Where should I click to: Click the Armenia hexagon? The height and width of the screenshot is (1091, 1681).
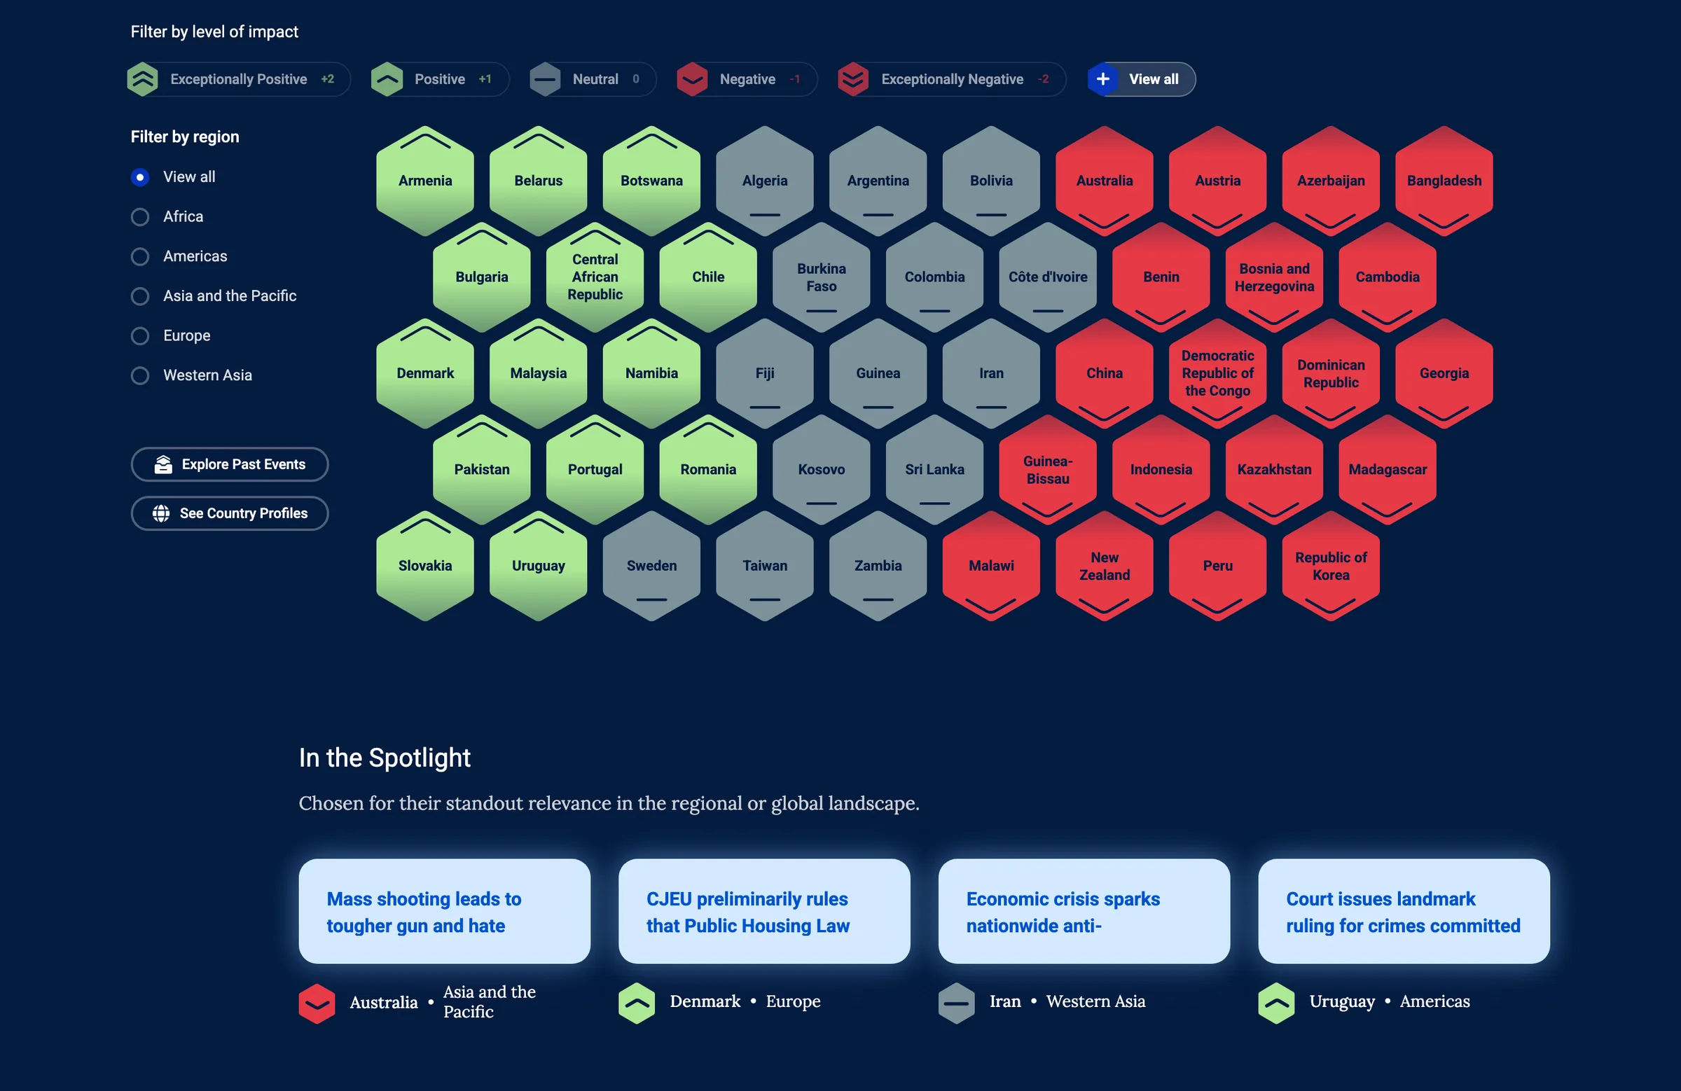[x=425, y=181]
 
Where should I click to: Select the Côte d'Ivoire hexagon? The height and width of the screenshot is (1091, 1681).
[x=1048, y=277]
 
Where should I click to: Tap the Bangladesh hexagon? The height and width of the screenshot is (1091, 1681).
[x=1444, y=181]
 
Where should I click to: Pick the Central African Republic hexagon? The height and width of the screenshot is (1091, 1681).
[x=595, y=277]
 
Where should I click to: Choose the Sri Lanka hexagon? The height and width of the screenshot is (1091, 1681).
[x=934, y=470]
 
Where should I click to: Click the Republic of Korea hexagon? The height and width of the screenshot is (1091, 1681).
[x=1331, y=566]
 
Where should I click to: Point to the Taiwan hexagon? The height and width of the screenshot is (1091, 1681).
[x=765, y=566]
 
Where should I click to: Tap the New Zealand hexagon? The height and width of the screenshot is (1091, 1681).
[x=1105, y=566]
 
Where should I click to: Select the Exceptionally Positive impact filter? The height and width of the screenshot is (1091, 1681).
[x=239, y=79]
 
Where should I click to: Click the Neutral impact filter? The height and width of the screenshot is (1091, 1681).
[x=593, y=79]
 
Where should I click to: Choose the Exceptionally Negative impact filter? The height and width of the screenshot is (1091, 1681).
[x=951, y=79]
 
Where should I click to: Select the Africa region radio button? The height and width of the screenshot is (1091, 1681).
[x=140, y=217]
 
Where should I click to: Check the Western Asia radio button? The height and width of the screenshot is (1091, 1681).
[x=140, y=375]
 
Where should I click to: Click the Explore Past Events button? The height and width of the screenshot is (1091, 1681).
[x=230, y=465]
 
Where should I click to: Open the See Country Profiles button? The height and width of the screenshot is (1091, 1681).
[x=230, y=513]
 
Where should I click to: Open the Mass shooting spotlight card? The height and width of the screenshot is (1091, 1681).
[x=444, y=912]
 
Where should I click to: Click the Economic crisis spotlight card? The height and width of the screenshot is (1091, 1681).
[x=1084, y=912]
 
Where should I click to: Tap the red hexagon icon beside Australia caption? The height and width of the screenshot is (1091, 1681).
[x=317, y=1003]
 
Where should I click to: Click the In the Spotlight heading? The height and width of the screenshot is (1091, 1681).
[x=385, y=758]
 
